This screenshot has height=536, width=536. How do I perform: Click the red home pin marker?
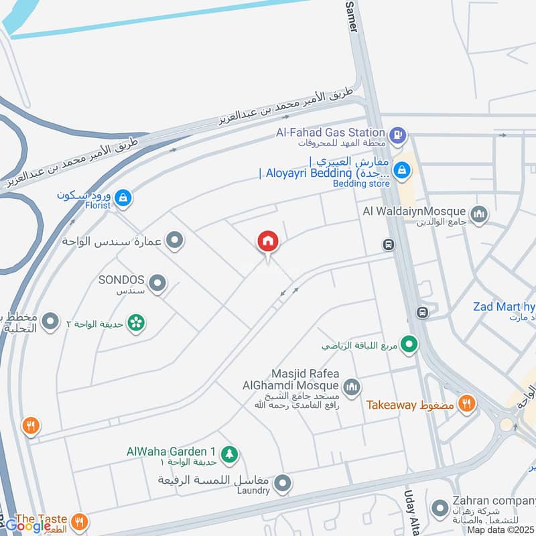[268, 241]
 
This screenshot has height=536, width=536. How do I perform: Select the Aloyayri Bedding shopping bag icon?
[403, 169]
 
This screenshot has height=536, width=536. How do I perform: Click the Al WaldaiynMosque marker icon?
[478, 215]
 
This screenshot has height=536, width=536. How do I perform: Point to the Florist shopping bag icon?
[123, 198]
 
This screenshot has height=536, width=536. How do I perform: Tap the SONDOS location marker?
[157, 284]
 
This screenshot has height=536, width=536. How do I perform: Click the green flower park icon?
[137, 323]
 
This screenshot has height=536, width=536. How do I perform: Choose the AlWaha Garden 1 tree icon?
[229, 454]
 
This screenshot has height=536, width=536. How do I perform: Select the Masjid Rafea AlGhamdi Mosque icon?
[351, 387]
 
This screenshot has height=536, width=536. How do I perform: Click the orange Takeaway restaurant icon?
[468, 403]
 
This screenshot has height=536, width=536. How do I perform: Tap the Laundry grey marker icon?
[283, 482]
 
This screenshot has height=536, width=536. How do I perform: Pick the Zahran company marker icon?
[440, 507]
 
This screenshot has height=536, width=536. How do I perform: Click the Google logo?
[27, 526]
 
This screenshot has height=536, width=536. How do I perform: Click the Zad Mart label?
[503, 307]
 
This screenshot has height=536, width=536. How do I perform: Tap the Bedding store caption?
[361, 183]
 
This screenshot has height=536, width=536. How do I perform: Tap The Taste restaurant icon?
[80, 521]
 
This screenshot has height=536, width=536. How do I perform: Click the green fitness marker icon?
[410, 345]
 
